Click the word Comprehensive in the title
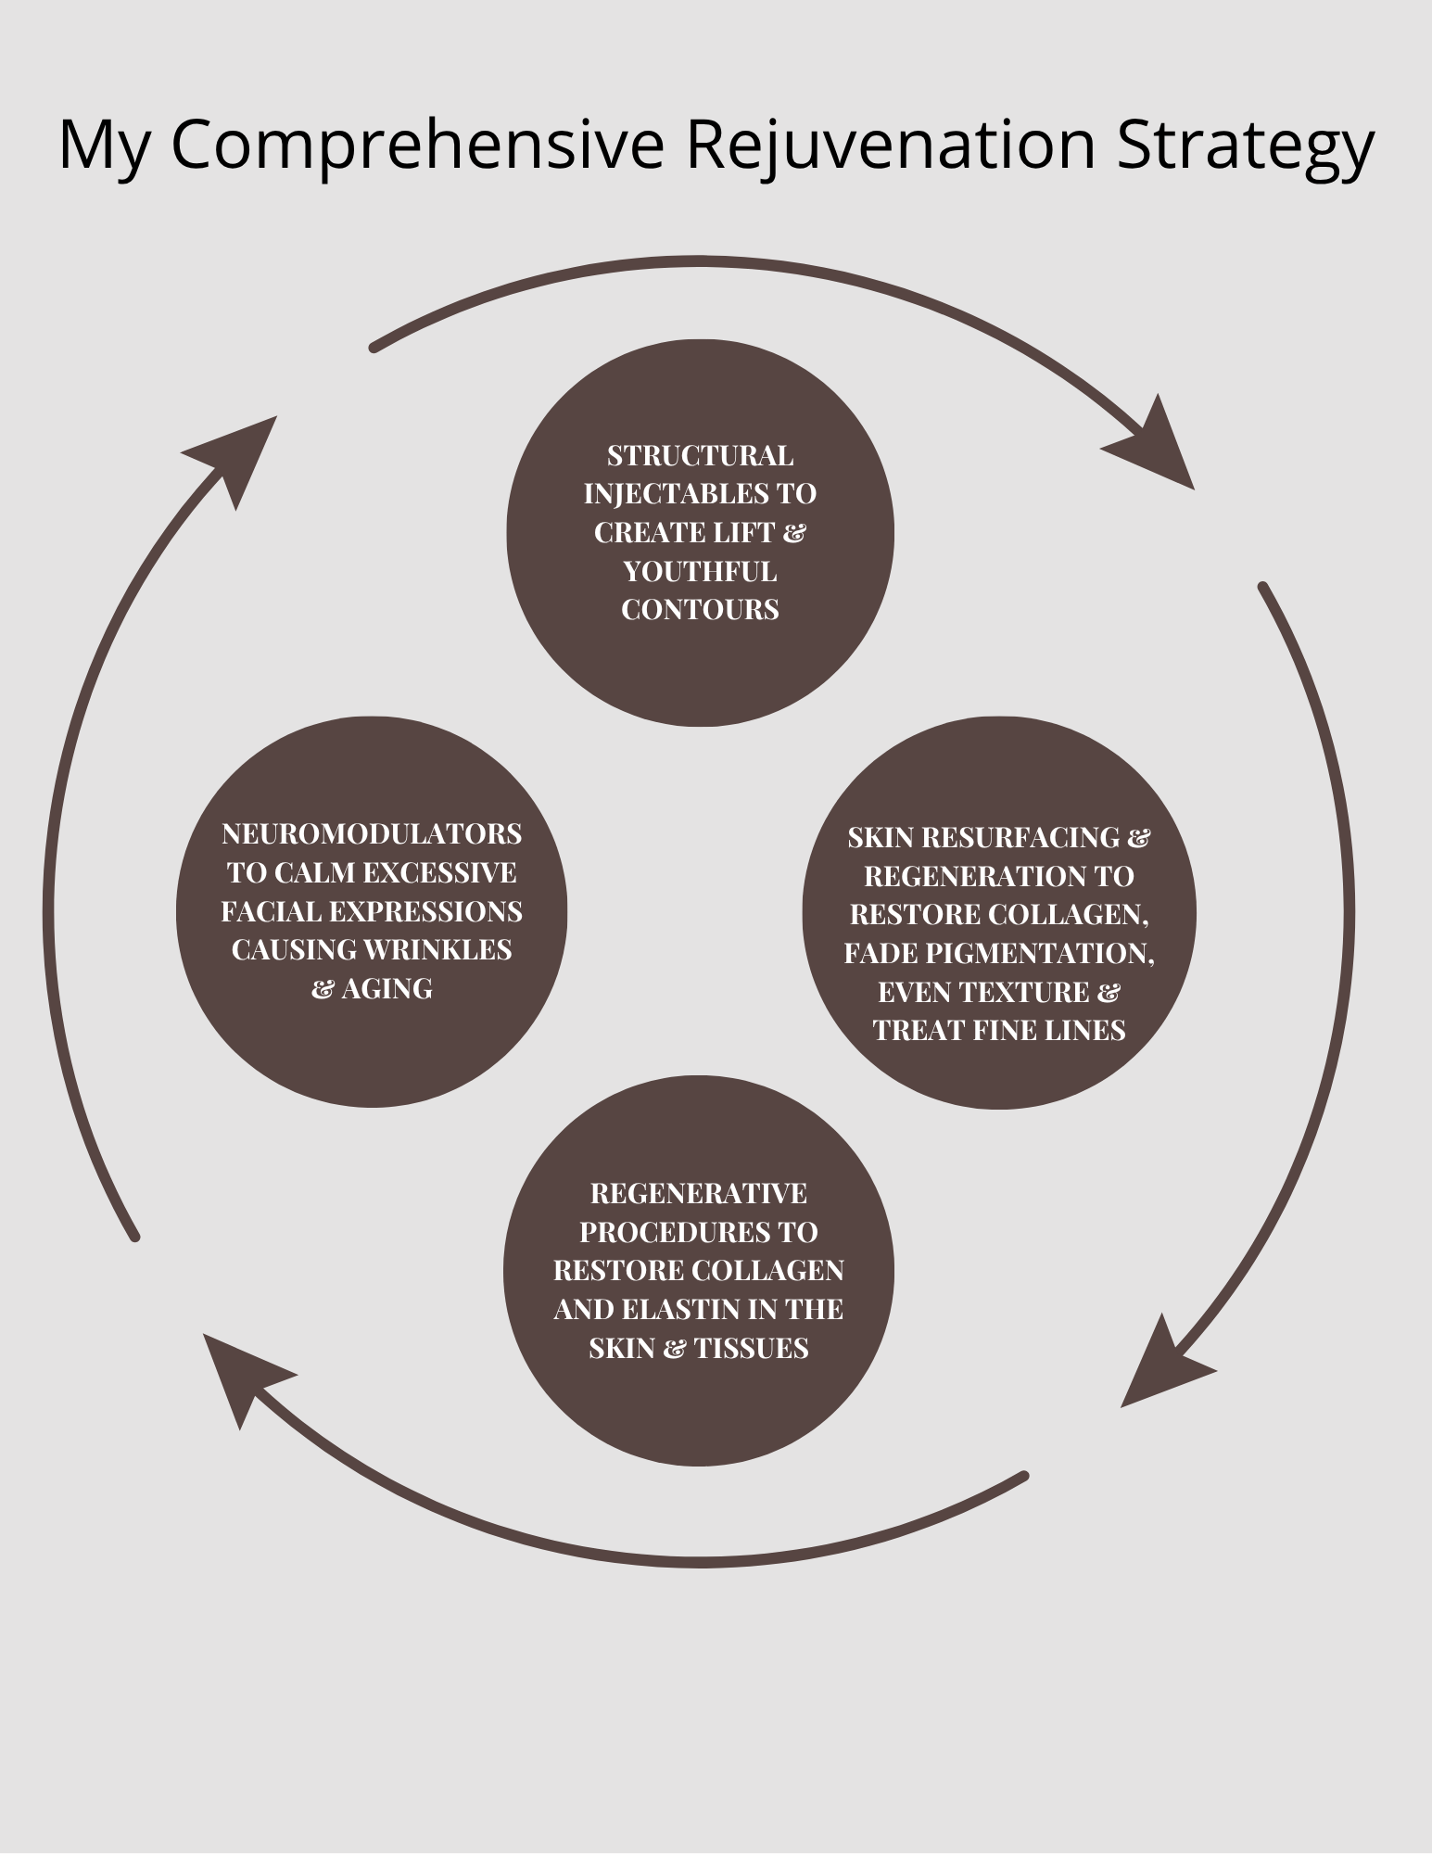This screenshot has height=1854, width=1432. point(418,145)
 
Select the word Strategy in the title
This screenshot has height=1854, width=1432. point(1245,145)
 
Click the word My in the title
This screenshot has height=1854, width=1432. point(103,145)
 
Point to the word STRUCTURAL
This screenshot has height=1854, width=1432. point(700,456)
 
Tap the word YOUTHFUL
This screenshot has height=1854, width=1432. point(700,572)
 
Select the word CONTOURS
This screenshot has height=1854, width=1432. point(700,610)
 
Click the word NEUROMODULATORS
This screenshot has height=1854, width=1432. point(372,834)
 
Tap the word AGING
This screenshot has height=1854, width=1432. point(387,989)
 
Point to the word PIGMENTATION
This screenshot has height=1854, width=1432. point(1046,954)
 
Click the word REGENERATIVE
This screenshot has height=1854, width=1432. point(699,1194)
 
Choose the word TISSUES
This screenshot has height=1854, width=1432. point(751,1349)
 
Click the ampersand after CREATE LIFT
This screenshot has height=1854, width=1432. point(794,534)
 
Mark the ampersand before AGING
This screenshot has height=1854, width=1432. point(323,990)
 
